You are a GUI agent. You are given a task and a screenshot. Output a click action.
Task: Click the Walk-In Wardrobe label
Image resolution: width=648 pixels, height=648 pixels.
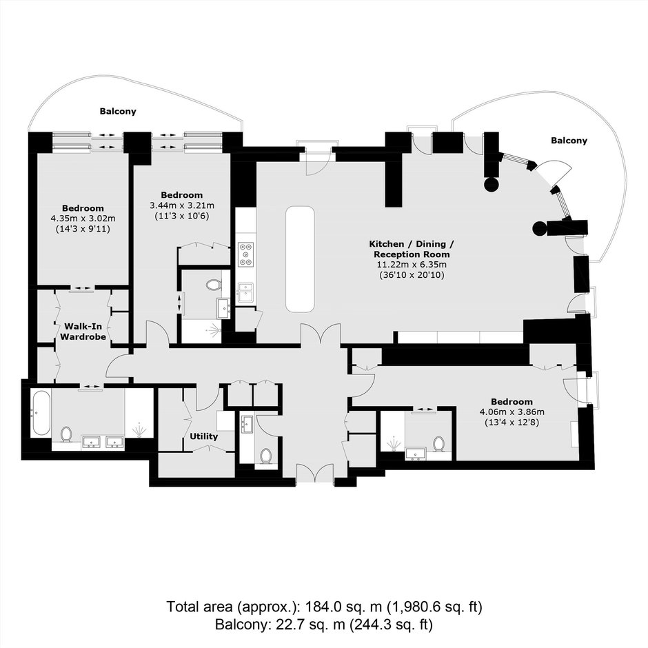click(x=83, y=332)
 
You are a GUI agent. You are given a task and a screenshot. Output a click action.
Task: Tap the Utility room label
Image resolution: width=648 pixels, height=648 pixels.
click(x=204, y=436)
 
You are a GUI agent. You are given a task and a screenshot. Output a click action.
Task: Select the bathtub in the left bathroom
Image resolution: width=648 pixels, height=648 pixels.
click(x=41, y=414)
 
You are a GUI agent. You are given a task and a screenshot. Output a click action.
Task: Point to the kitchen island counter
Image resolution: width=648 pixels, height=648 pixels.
click(x=300, y=259)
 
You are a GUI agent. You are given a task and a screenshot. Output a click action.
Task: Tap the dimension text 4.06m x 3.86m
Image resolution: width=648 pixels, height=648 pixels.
click(x=512, y=412)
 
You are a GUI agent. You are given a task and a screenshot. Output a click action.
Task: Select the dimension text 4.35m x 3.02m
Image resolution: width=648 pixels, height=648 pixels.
click(x=83, y=219)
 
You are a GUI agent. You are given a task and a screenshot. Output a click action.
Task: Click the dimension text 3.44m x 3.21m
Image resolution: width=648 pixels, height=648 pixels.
click(x=182, y=205)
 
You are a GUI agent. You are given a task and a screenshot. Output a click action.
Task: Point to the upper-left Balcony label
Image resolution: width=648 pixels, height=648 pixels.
click(x=118, y=111)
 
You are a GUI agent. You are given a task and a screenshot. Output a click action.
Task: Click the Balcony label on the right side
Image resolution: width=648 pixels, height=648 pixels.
click(x=569, y=141)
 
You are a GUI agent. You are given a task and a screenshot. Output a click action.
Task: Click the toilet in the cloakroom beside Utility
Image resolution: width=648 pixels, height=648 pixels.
click(x=265, y=456)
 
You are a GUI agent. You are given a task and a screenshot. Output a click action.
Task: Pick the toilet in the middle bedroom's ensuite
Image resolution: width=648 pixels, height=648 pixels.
click(x=214, y=285)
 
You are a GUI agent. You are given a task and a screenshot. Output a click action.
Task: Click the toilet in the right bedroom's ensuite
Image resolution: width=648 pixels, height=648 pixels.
click(x=438, y=444)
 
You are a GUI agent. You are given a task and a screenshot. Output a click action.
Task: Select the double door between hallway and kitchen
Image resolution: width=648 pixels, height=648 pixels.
click(x=321, y=334)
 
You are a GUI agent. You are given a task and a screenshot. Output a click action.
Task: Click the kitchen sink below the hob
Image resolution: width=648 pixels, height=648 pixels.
click(x=246, y=292)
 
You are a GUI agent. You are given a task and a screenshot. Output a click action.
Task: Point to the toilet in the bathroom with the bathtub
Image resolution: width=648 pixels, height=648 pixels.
click(x=66, y=434)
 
